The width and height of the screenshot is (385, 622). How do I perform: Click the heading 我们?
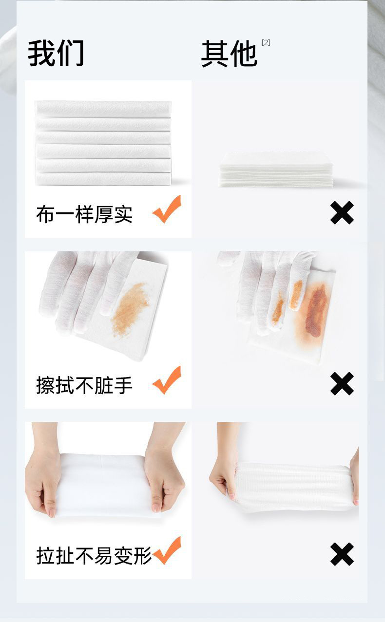tap(56, 53)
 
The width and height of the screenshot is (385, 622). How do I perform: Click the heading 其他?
tap(229, 54)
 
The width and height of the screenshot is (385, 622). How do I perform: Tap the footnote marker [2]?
tap(266, 43)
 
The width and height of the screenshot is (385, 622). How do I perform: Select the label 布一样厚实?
tap(84, 214)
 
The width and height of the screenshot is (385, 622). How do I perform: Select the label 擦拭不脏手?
tap(84, 385)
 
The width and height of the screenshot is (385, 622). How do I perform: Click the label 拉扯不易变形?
tap(94, 556)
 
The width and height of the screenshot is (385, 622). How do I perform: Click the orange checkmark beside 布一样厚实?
tap(167, 209)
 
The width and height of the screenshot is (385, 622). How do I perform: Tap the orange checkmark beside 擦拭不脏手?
tap(167, 380)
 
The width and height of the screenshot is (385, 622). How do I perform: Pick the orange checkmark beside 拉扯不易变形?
tap(167, 551)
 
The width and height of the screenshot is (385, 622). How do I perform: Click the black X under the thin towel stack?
tap(342, 213)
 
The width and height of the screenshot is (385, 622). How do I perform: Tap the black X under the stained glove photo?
tap(342, 384)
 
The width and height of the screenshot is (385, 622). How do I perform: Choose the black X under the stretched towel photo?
tap(342, 554)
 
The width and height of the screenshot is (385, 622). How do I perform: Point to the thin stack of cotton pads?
tap(276, 169)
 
